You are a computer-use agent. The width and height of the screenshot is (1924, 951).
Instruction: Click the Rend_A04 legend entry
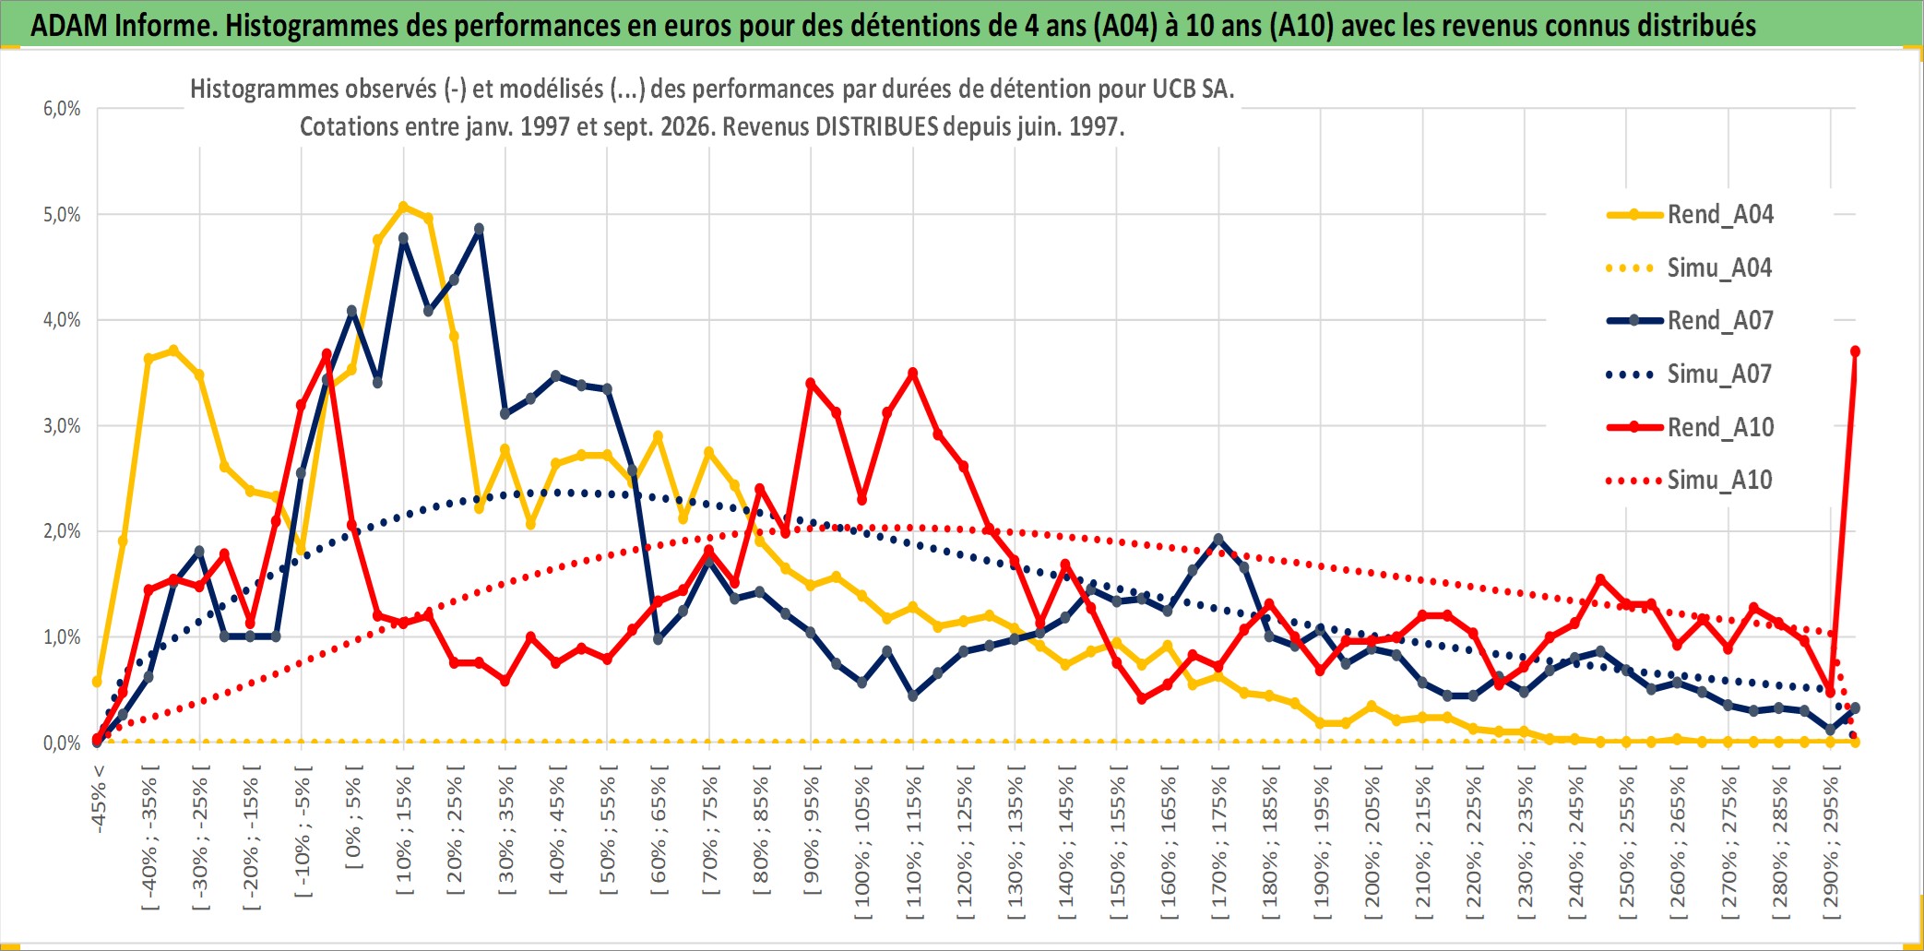1690,214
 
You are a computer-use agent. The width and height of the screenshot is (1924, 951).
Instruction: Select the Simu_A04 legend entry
1690,267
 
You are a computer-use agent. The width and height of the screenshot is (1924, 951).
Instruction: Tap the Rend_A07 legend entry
1690,320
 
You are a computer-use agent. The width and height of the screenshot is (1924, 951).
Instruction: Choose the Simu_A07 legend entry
1690,374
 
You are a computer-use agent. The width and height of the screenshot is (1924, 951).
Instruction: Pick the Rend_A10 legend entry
1690,427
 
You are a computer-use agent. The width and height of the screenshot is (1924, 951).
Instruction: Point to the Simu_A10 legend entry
1690,480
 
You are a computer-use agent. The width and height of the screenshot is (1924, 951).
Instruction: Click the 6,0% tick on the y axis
62,109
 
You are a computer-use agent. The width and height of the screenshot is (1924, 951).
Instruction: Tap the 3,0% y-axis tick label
62,426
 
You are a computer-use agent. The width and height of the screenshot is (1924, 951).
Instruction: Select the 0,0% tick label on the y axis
62,743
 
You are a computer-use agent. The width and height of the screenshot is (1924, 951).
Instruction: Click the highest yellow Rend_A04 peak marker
403,207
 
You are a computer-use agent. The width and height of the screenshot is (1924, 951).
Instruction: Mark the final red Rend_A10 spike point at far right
1855,351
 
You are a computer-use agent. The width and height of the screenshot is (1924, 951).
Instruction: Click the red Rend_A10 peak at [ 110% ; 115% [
913,373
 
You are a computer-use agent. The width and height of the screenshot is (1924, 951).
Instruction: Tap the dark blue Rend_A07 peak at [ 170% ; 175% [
1218,539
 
